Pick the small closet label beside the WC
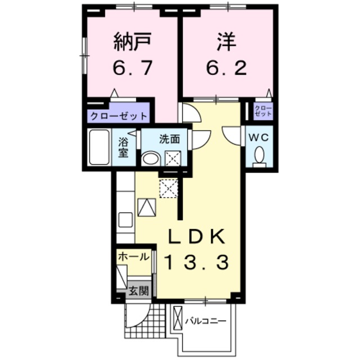point(262,110)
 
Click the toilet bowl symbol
point(259,155)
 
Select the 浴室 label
point(124,147)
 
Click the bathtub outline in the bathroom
point(100,147)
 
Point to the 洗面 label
point(169,139)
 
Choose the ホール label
point(134,256)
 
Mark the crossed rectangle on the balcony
point(178,318)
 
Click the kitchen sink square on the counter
point(125,219)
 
